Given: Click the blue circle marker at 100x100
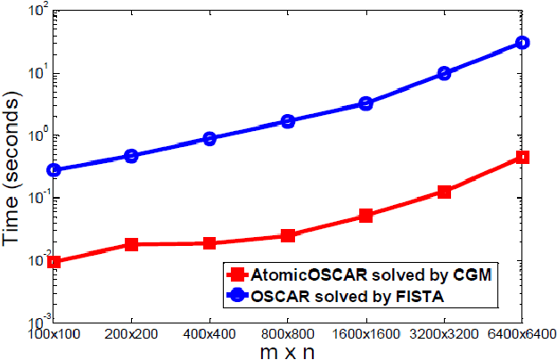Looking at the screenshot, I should (x=53, y=169).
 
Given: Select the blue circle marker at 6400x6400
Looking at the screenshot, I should (x=522, y=43).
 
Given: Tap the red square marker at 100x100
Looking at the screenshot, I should (x=53, y=262).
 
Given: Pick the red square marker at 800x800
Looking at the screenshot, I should (x=288, y=236).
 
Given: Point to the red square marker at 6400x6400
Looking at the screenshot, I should (x=522, y=158).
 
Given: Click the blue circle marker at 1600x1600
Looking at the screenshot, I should (x=365, y=103).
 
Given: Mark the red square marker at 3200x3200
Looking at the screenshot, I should (x=444, y=192).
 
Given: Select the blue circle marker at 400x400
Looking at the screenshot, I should (x=209, y=139).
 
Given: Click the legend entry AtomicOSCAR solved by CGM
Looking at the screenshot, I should (x=374, y=274).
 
